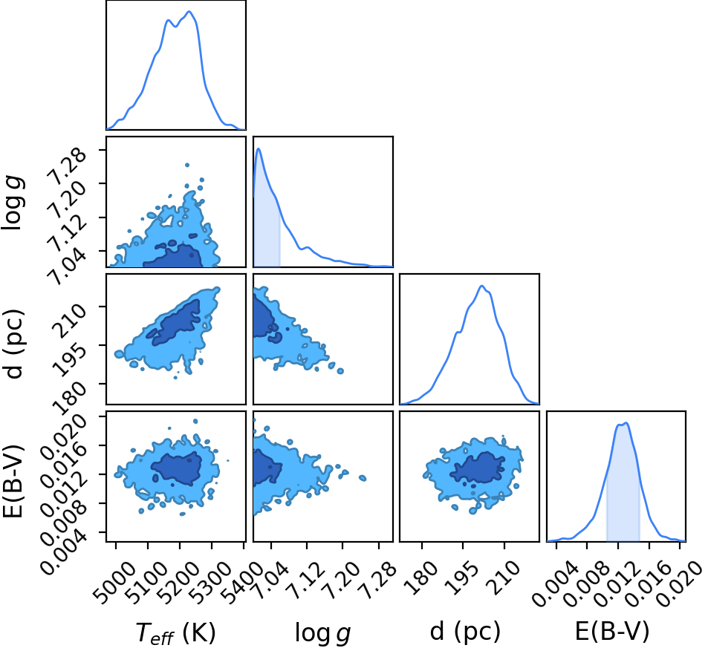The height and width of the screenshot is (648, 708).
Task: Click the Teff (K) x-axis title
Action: (x=175, y=632)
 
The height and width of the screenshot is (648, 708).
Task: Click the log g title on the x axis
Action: (x=323, y=632)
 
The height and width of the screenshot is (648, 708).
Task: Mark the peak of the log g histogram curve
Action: (x=259, y=149)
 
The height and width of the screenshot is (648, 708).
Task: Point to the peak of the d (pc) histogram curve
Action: (x=482, y=286)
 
